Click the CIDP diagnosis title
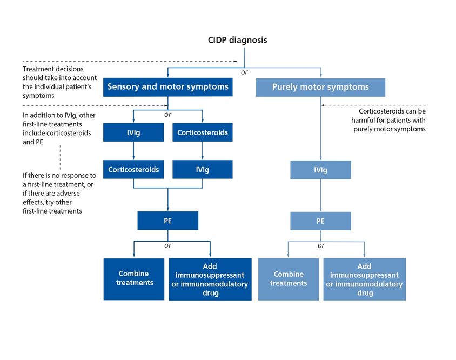pyautogui.click(x=237, y=40)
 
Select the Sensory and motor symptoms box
pyautogui.click(x=167, y=86)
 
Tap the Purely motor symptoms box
pyautogui.click(x=320, y=87)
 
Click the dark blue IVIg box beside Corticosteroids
pyautogui.click(x=133, y=132)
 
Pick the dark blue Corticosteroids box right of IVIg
pyautogui.click(x=202, y=132)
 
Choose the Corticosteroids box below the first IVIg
pyautogui.click(x=133, y=169)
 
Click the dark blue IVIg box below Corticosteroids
pyautogui.click(x=202, y=169)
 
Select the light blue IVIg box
pyautogui.click(x=320, y=170)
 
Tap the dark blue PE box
pyautogui.click(x=167, y=221)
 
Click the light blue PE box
pyautogui.click(x=320, y=221)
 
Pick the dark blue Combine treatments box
pyautogui.click(x=133, y=278)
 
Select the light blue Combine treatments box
pyautogui.click(x=288, y=278)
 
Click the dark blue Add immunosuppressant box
pyautogui.click(x=210, y=279)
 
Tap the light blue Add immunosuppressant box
pyautogui.click(x=364, y=279)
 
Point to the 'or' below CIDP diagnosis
pyautogui.click(x=244, y=72)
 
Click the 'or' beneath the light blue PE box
pyautogui.click(x=320, y=245)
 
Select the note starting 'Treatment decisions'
pyautogui.click(x=59, y=82)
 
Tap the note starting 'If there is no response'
pyautogui.click(x=59, y=193)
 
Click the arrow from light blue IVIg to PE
pyautogui.click(x=320, y=196)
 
